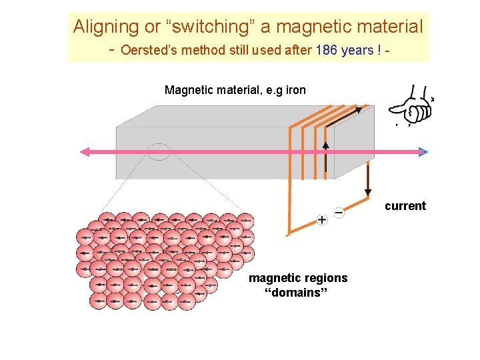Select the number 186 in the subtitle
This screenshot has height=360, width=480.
point(326,50)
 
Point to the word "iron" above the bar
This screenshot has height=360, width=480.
point(295,90)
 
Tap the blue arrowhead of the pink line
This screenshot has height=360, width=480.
point(422,152)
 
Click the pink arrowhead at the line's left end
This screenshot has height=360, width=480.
point(85,152)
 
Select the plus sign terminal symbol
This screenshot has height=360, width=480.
point(322,219)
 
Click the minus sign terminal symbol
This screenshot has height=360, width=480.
point(339,213)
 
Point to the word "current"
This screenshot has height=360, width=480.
point(405,206)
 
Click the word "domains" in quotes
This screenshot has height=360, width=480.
point(298,294)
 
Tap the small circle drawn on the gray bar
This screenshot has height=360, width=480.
point(159,152)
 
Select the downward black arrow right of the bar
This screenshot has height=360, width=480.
point(368,192)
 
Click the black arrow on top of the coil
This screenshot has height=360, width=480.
point(359,110)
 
